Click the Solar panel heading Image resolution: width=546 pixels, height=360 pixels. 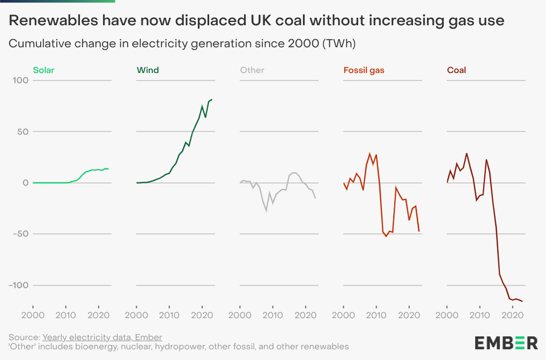(43, 70)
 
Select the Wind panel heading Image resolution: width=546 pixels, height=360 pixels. (148, 70)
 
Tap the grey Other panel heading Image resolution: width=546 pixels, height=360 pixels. (252, 70)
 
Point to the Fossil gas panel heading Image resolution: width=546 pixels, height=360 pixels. (364, 70)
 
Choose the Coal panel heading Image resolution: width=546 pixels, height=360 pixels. (456, 70)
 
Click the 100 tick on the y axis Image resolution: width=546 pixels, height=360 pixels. (21, 80)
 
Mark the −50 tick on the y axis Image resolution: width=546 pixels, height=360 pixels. (20, 234)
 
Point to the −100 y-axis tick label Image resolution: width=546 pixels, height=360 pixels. (18, 285)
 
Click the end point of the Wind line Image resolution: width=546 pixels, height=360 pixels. (212, 99)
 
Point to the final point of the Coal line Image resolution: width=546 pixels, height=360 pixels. (522, 301)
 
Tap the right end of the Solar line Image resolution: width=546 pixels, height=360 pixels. (108, 169)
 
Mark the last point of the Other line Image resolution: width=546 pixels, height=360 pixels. (316, 198)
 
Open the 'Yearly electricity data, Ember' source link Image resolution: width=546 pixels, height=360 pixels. (102, 337)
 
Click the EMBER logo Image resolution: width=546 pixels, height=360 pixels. (506, 342)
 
